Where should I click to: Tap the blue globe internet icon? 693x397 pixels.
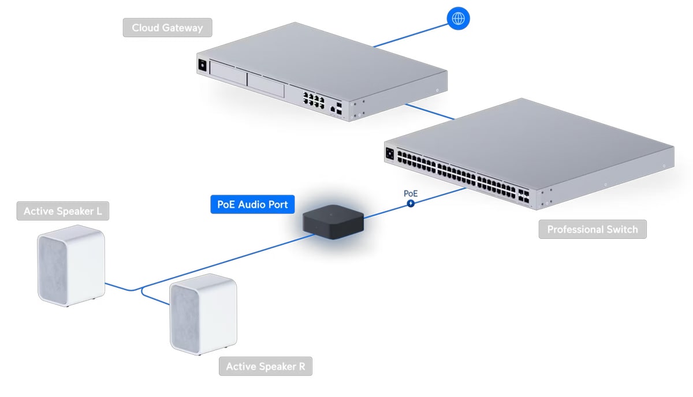pyautogui.click(x=459, y=18)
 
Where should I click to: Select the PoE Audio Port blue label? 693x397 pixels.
pyautogui.click(x=253, y=204)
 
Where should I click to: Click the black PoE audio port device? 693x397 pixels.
pyautogui.click(x=333, y=222)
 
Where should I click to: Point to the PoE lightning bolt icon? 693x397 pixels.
pyautogui.click(x=411, y=203)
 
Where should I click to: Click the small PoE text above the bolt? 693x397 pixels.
pyautogui.click(x=410, y=193)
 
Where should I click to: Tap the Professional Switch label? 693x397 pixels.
pyautogui.click(x=593, y=229)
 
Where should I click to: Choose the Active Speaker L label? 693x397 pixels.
pyautogui.click(x=63, y=211)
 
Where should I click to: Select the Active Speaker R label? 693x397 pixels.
pyautogui.click(x=265, y=366)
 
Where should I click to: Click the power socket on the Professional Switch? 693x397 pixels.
pyautogui.click(x=390, y=154)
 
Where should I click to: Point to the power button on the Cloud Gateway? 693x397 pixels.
pyautogui.click(x=202, y=65)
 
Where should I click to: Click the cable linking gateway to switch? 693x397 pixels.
pyautogui.click(x=430, y=111)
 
